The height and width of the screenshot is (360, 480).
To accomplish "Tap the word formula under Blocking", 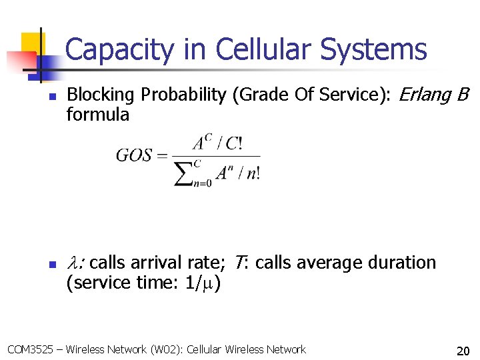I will pyautogui.click(x=98, y=115).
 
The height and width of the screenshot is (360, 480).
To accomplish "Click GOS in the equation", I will pyautogui.click(x=133, y=156).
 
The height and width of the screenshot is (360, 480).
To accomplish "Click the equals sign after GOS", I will pyautogui.click(x=162, y=156).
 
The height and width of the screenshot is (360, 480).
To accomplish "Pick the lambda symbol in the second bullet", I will pyautogui.click(x=73, y=263).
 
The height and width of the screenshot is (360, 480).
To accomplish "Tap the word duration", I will pyautogui.click(x=399, y=263).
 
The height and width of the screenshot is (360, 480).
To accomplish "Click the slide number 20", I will pyautogui.click(x=463, y=351).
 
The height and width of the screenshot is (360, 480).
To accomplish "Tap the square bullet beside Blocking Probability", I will pyautogui.click(x=51, y=97).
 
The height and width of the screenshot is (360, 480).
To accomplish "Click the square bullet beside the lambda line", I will pyautogui.click(x=51, y=265).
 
